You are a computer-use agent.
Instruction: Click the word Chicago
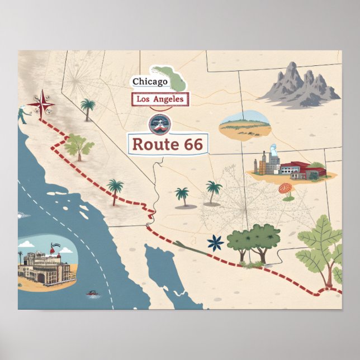[150, 82]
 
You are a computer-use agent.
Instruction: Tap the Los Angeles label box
[160, 100]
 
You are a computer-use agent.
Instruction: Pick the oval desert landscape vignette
[245, 125]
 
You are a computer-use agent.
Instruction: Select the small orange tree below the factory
[287, 190]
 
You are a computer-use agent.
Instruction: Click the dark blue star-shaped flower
[215, 243]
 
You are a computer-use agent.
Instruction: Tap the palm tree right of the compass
[88, 108]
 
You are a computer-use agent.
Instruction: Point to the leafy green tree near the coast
[78, 146]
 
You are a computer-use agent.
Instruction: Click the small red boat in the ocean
[91, 292]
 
